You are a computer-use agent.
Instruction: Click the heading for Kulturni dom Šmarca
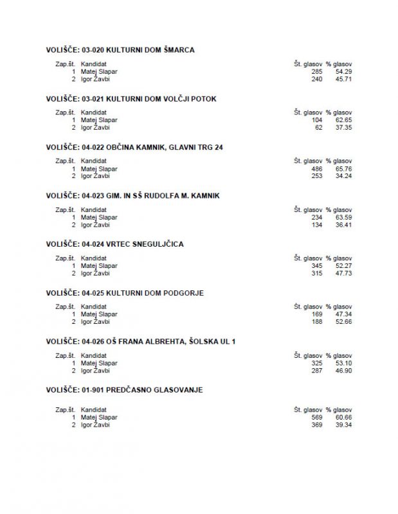[120, 49]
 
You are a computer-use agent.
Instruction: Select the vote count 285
[316, 71]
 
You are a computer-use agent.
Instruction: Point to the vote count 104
[316, 120]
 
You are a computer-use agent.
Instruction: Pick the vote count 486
[316, 168]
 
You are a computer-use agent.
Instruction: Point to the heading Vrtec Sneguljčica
[110, 244]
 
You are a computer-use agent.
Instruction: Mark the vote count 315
[316, 273]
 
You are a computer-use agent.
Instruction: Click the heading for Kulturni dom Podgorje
[125, 292]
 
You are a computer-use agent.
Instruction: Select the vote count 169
[316, 314]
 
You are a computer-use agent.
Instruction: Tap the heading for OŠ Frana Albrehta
[141, 341]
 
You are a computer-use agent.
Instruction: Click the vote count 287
[316, 371]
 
